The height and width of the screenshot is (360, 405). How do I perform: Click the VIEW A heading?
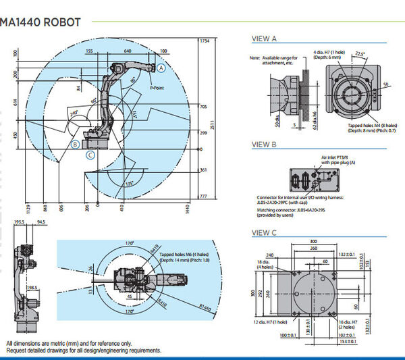click(x=264, y=38)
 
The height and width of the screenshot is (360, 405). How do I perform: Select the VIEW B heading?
click(x=264, y=144)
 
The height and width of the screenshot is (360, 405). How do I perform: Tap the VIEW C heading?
click(x=264, y=232)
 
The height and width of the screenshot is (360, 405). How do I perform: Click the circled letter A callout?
click(x=162, y=68)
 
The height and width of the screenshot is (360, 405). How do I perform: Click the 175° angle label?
click(x=129, y=183)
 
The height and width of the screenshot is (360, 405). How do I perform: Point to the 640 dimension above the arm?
click(x=128, y=51)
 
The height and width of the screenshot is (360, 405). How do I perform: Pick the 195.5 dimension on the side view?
click(x=19, y=221)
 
